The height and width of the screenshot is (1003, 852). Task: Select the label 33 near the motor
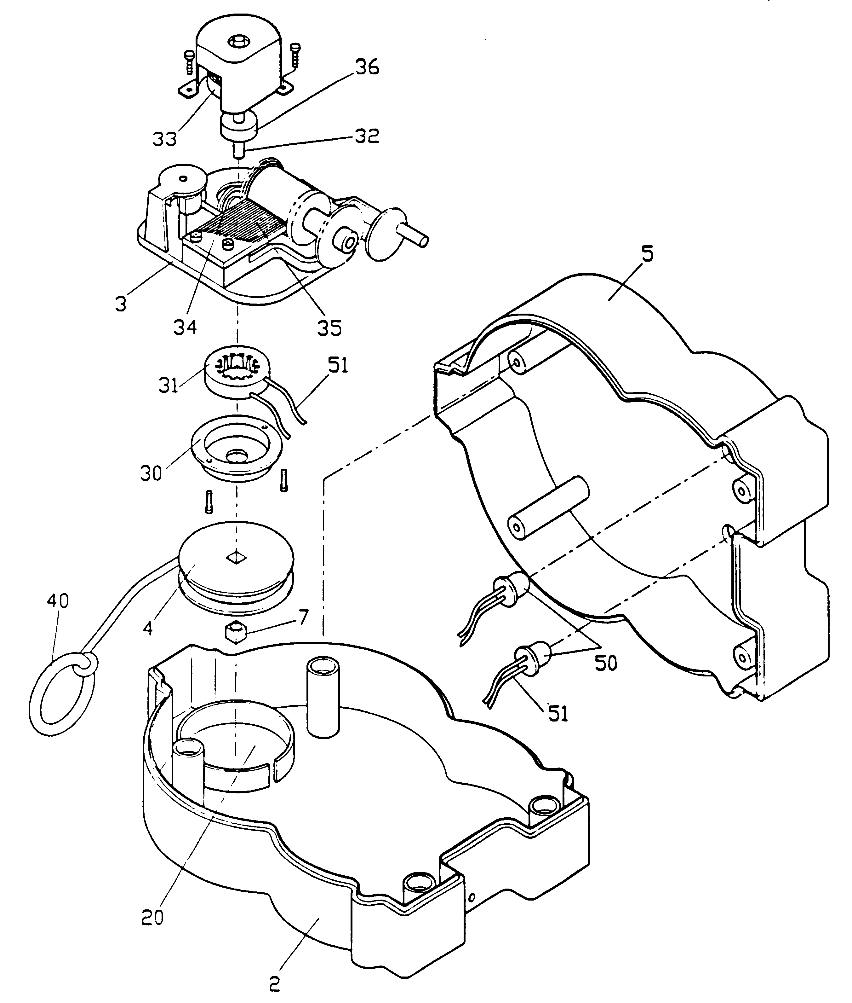tap(165, 139)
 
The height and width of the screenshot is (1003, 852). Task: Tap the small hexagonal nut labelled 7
tap(233, 634)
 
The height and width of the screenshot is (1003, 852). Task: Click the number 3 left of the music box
tap(121, 303)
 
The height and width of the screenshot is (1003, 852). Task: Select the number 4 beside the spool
tap(149, 629)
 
